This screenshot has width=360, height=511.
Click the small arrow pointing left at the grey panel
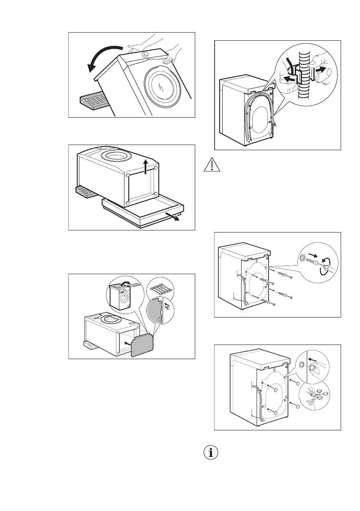click(x=125, y=343)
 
